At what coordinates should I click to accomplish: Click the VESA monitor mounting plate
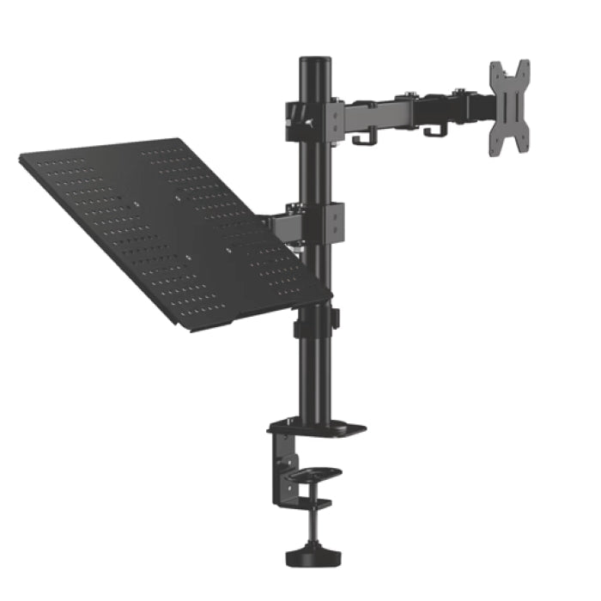coord(509,107)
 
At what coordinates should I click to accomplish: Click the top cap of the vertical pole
coord(316,62)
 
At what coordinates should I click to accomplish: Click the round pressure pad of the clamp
coord(316,473)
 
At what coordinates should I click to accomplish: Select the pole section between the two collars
coord(315,172)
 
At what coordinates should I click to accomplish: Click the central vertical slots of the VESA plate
coord(509,107)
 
